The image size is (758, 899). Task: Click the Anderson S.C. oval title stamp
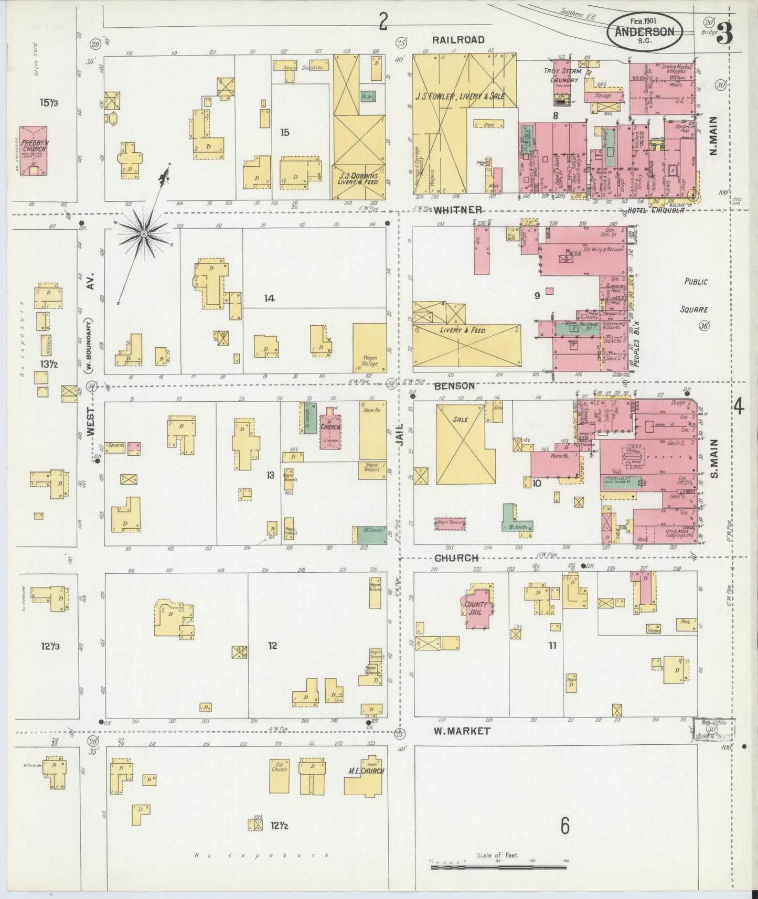645,31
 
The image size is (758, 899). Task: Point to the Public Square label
696,295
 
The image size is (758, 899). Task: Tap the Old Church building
279,776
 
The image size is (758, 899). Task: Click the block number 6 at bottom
564,827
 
